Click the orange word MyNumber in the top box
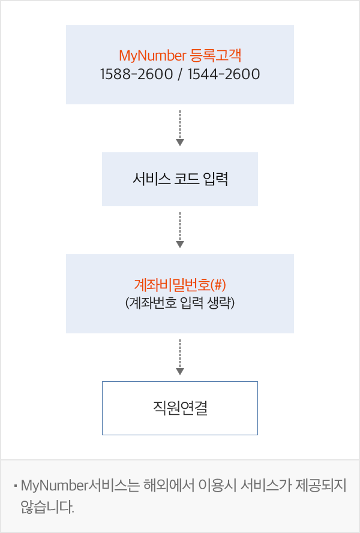tap(152, 57)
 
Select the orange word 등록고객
tap(214, 57)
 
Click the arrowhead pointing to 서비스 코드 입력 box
tap(180, 142)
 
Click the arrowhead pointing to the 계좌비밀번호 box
tap(180, 244)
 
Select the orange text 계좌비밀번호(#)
tap(180, 284)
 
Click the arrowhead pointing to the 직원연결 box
tap(180, 371)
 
